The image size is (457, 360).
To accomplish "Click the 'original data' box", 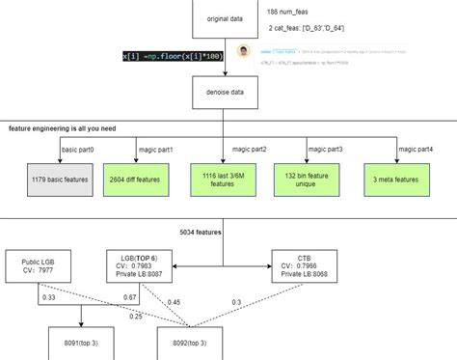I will [224, 18].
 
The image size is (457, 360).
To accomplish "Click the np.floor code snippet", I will [173, 57].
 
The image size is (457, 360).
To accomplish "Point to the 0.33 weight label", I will [48, 297].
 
